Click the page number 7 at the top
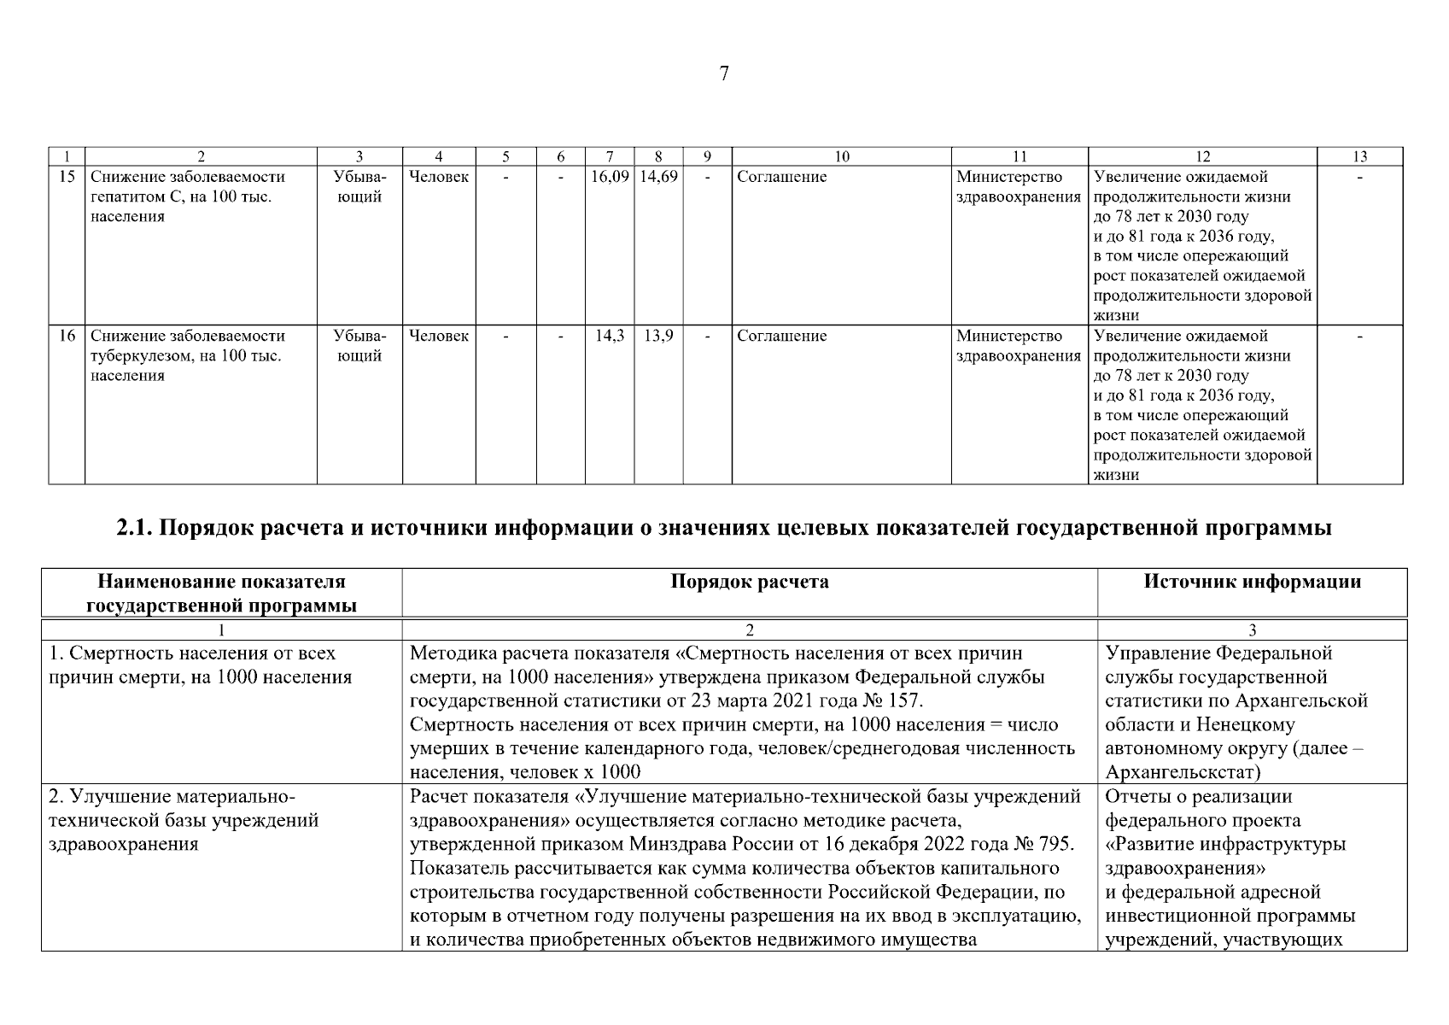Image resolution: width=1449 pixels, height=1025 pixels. coord(724,74)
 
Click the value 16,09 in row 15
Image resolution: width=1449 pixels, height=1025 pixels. coord(610,177)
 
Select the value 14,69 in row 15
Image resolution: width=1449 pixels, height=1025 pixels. coord(658,177)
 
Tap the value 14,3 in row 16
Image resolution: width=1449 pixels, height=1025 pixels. coord(610,337)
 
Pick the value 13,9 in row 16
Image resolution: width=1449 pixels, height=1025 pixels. coord(658,337)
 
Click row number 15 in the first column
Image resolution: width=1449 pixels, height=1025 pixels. coord(67,177)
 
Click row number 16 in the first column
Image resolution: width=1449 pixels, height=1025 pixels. coord(67,337)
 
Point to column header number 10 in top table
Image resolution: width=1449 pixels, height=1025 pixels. coord(841,156)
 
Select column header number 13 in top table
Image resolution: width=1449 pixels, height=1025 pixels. coord(1359,156)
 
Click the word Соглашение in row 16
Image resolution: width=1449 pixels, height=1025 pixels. coord(781,337)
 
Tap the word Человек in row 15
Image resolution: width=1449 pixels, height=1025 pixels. coord(439,177)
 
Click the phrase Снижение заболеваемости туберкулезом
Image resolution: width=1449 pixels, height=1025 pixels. coord(187,346)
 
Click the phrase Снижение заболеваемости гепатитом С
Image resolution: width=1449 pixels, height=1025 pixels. coord(187,187)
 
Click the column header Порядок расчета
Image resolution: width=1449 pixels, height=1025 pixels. coord(749,583)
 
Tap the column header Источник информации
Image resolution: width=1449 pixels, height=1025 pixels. coord(1252,583)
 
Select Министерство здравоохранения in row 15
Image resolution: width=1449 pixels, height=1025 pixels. coord(1019,187)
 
